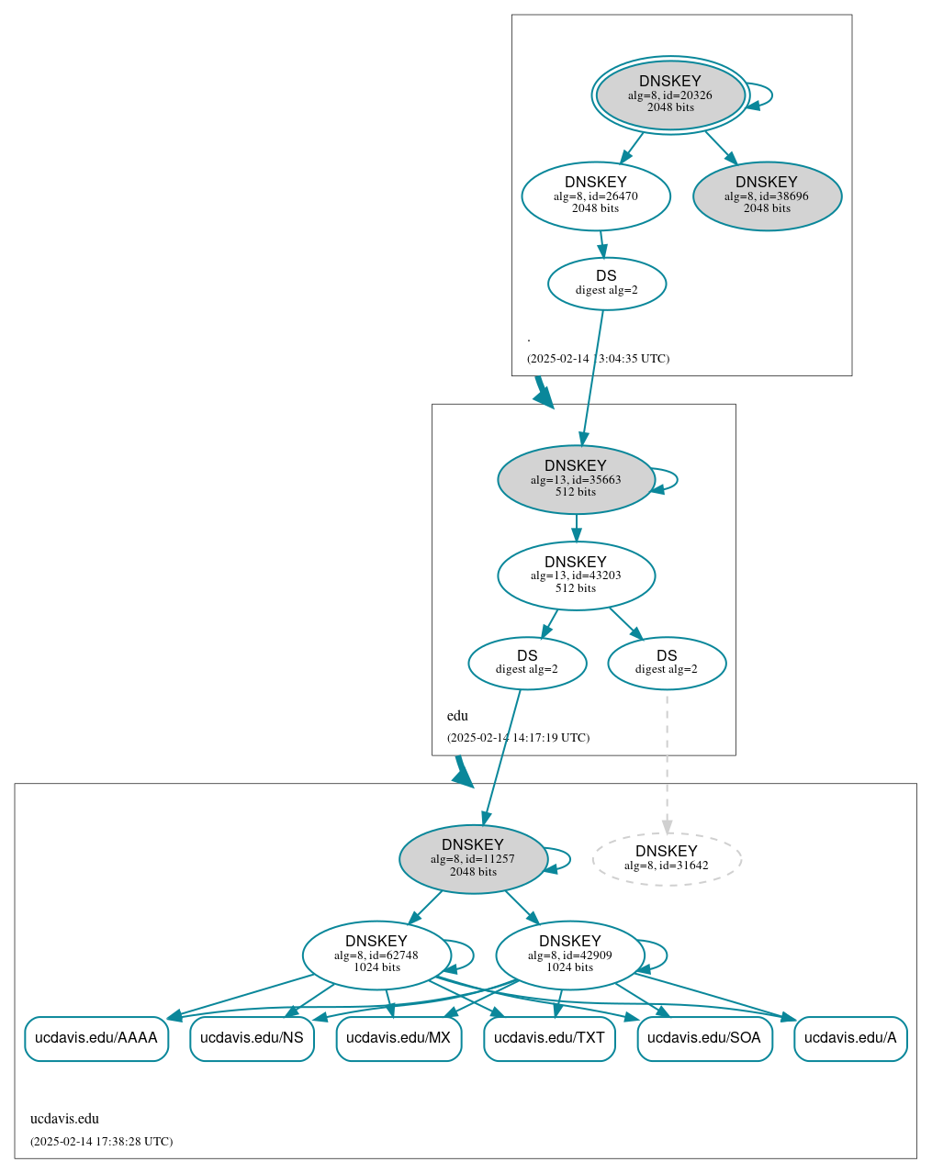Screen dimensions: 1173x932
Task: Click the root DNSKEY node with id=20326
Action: tap(670, 95)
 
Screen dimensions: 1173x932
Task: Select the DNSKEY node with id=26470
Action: tap(596, 195)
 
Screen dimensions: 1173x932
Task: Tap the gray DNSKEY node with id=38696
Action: tap(767, 195)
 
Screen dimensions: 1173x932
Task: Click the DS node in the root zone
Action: tap(607, 283)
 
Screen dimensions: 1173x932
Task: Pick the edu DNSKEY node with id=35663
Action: tap(576, 479)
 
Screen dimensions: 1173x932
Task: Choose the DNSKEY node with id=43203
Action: tap(576, 575)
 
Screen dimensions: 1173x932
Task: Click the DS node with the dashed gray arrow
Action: tap(667, 663)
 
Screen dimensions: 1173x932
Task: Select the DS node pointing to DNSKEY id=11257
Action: tap(527, 663)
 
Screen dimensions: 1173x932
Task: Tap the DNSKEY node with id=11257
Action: tap(473, 859)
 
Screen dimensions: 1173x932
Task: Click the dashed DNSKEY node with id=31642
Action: tap(667, 859)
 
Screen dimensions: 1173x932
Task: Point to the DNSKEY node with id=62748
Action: tap(376, 955)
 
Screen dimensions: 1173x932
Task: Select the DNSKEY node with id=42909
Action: tap(570, 955)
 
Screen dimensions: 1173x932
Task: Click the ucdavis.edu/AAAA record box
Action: tap(96, 1038)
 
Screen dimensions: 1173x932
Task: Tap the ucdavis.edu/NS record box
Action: tap(253, 1038)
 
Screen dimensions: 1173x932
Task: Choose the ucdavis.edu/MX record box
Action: tap(399, 1038)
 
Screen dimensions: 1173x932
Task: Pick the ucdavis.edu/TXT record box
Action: tap(549, 1038)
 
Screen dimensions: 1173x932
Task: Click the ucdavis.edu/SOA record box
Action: tap(704, 1038)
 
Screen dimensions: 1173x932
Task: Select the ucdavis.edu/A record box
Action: tap(850, 1038)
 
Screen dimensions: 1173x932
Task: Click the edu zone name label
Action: tap(457, 716)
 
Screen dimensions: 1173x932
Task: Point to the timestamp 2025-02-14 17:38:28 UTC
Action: tap(101, 1142)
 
